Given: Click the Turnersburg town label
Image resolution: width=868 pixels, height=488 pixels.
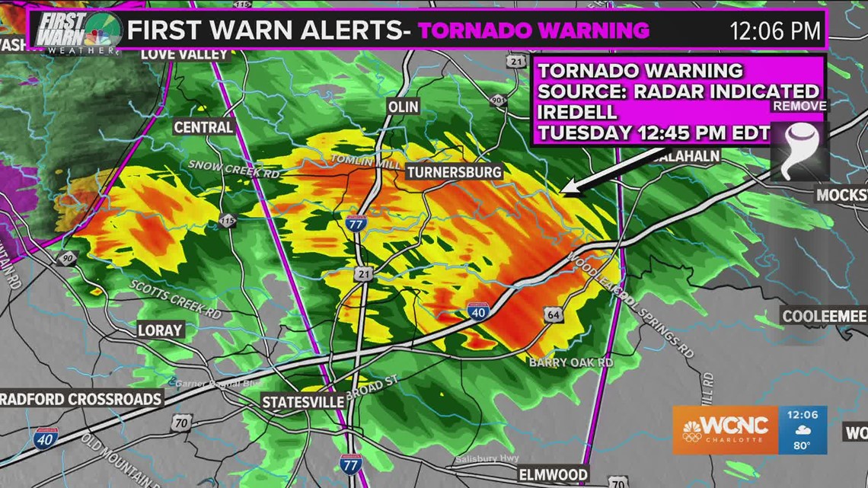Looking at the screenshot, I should [454, 172].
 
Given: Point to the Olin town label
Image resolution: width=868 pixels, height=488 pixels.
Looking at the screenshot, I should [404, 107].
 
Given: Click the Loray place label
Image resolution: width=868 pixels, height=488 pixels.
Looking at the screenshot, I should [160, 330].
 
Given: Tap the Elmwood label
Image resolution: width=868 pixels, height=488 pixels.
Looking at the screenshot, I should [552, 474].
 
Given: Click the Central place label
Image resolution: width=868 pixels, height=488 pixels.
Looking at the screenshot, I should [203, 127].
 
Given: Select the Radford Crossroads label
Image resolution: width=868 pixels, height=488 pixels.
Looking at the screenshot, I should [81, 398].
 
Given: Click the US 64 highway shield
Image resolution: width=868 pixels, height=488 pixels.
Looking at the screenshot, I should [553, 313].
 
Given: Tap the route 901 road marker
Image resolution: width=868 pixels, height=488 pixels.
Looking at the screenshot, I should [498, 100].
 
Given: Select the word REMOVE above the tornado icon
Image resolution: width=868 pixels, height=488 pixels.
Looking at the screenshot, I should [799, 106].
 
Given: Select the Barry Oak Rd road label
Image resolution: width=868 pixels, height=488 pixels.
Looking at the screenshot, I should [571, 363].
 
